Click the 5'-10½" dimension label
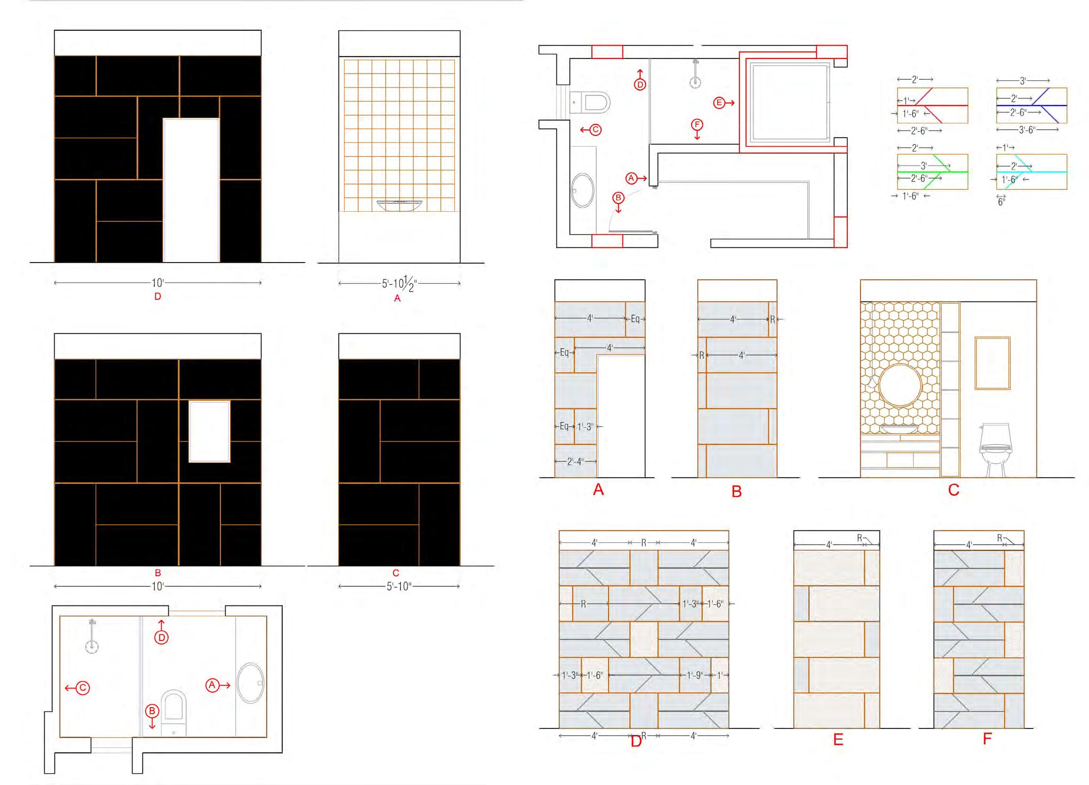pyautogui.click(x=399, y=284)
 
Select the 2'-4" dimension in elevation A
pyautogui.click(x=575, y=462)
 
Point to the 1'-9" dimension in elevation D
pyautogui.click(x=695, y=676)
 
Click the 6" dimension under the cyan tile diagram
pyautogui.click(x=1001, y=201)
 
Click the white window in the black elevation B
pyautogui.click(x=210, y=431)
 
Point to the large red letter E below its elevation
pyautogui.click(x=838, y=739)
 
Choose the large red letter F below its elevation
pyautogui.click(x=987, y=738)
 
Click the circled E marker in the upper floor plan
pyautogui.click(x=719, y=103)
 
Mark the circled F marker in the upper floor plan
pyautogui.click(x=697, y=125)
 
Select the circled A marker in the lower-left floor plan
pyautogui.click(x=212, y=685)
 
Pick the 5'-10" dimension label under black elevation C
pyautogui.click(x=399, y=586)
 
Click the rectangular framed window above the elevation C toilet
pyautogui.click(x=992, y=363)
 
